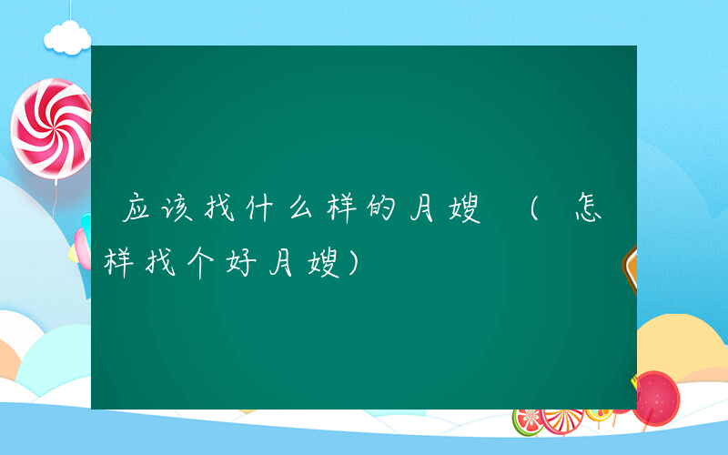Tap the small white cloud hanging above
[68, 38]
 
